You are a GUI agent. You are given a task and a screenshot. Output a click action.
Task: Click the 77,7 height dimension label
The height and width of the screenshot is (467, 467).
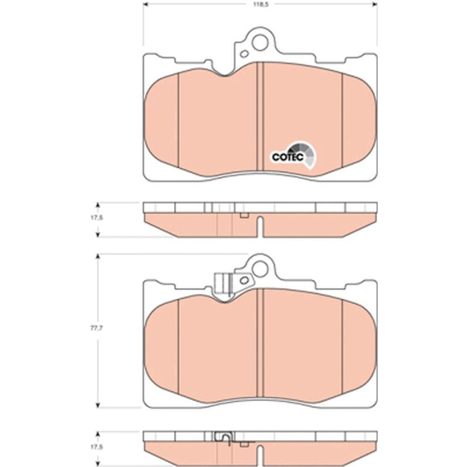[95, 328]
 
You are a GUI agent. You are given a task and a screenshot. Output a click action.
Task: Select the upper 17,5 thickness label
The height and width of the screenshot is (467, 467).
[97, 217]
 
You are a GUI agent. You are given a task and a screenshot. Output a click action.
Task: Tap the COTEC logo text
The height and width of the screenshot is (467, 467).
[288, 157]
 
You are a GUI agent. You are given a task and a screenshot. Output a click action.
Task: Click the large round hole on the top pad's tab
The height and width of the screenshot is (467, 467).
[260, 42]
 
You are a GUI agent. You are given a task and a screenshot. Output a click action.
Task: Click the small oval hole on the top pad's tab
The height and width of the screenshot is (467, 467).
[245, 54]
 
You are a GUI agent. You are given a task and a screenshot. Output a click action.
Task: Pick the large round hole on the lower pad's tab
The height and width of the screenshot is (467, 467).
[260, 269]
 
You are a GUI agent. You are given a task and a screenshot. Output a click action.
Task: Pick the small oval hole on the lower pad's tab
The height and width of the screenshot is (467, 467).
[245, 280]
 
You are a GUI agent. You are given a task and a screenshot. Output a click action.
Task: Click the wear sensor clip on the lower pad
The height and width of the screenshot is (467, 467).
[223, 284]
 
